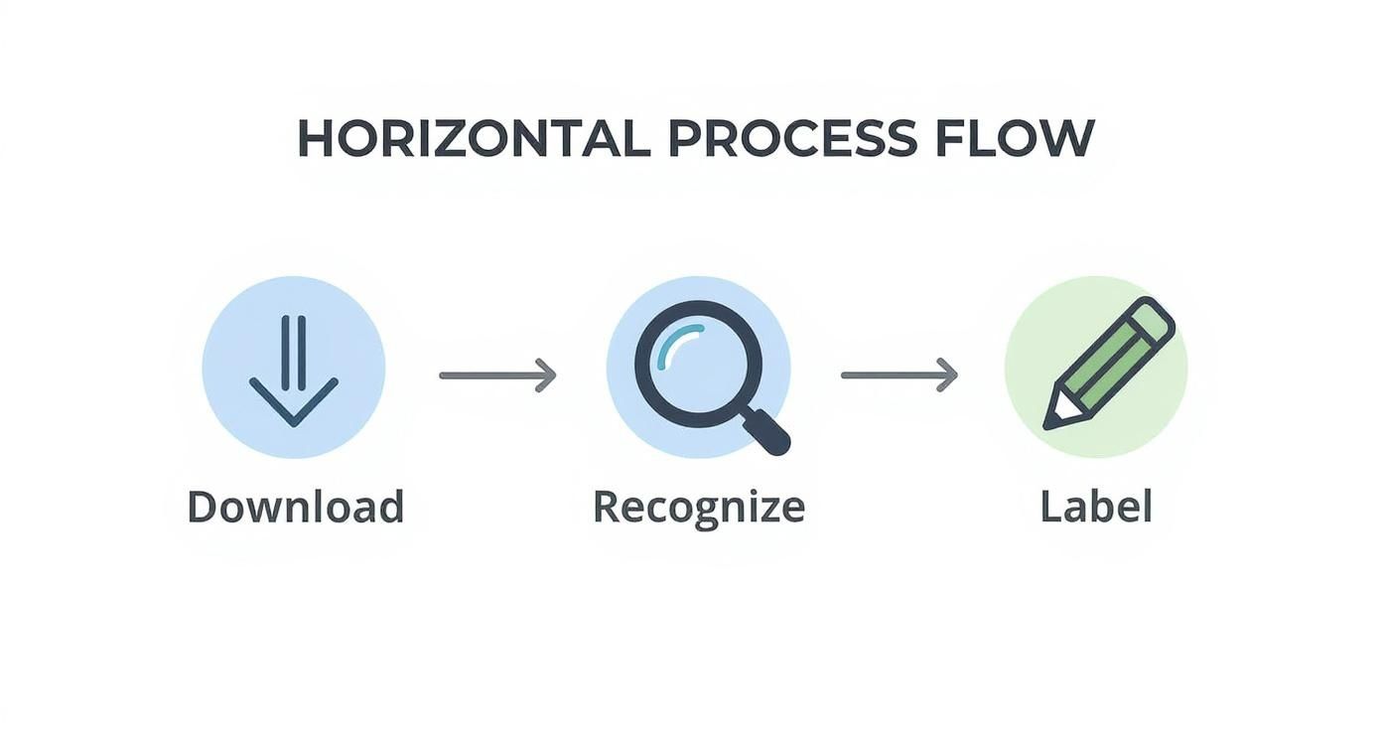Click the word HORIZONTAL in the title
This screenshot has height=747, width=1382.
click(474, 138)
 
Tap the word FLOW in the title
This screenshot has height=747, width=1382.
click(1015, 138)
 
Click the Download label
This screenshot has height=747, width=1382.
click(296, 507)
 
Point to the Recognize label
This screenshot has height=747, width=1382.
click(699, 508)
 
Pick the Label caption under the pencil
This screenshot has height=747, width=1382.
click(1096, 507)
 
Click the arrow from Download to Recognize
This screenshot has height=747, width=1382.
click(497, 374)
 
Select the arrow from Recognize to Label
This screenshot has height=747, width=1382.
click(899, 374)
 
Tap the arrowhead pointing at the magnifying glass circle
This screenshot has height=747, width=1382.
click(546, 374)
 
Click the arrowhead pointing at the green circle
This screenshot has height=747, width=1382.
click(948, 374)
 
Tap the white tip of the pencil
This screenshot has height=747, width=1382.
click(1056, 414)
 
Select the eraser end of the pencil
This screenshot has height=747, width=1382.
click(1152, 319)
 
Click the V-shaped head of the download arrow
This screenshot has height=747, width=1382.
click(294, 402)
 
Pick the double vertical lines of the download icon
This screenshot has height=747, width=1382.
click(294, 353)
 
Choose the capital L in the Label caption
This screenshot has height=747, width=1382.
click(1052, 507)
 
